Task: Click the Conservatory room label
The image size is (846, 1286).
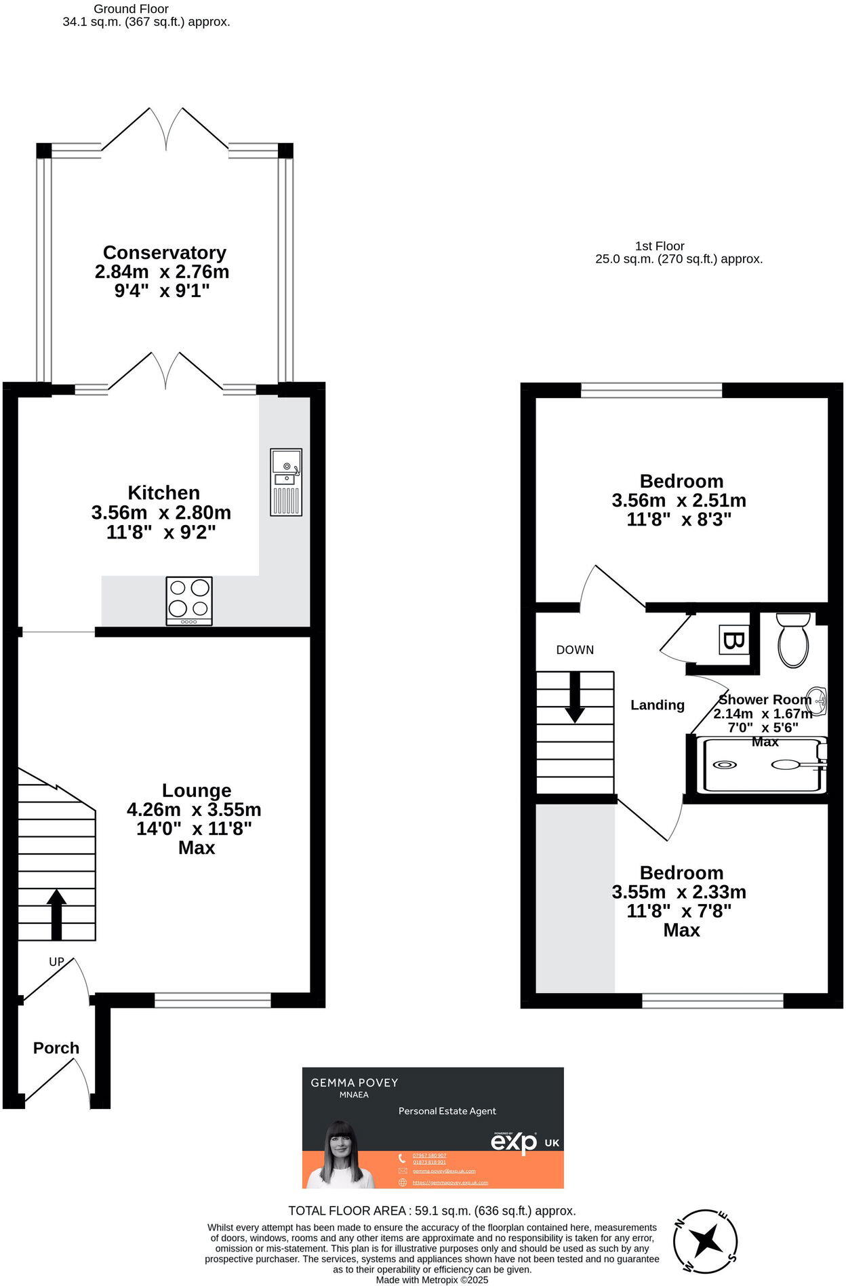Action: tap(164, 252)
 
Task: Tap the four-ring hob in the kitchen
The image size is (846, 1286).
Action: tap(189, 600)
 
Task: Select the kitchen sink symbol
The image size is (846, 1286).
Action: tap(286, 482)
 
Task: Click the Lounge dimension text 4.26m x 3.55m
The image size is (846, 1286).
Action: tap(194, 809)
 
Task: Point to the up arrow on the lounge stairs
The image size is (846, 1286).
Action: tap(56, 913)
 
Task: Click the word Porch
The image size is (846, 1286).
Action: tap(56, 1048)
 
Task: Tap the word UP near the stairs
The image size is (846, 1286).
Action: tap(57, 962)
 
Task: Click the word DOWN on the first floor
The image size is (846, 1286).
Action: tap(575, 650)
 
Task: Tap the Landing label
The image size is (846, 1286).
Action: tap(657, 705)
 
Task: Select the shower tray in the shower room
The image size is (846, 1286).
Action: tap(763, 765)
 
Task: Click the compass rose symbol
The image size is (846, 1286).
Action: tap(706, 1241)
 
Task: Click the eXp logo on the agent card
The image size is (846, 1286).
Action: tap(514, 1142)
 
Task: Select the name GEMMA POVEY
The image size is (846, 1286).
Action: tap(354, 1083)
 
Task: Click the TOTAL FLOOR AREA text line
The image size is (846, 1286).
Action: tap(432, 1210)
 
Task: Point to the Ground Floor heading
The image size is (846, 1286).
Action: tap(131, 9)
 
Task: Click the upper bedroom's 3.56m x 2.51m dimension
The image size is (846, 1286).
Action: tap(679, 501)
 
